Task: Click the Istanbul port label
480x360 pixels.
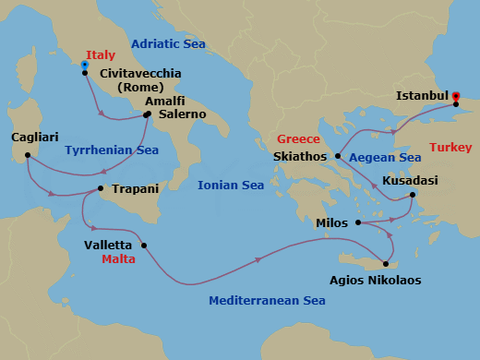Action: point(422,95)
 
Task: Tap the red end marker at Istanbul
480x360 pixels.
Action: point(456,95)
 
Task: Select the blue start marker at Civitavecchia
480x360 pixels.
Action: point(85,66)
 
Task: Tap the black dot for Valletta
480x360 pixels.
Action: point(144,245)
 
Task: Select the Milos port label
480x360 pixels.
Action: point(332,222)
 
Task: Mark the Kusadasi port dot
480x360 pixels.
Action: point(412,194)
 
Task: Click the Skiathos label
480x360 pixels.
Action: point(301,157)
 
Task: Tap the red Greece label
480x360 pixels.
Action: point(298,139)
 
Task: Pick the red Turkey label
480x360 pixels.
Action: point(451,148)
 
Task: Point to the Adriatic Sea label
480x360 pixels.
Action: point(168,43)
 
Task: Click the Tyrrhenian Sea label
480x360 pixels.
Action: point(112,150)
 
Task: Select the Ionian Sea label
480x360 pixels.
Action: point(231,186)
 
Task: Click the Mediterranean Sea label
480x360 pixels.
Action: point(267,300)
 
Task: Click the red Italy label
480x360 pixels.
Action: point(101,55)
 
